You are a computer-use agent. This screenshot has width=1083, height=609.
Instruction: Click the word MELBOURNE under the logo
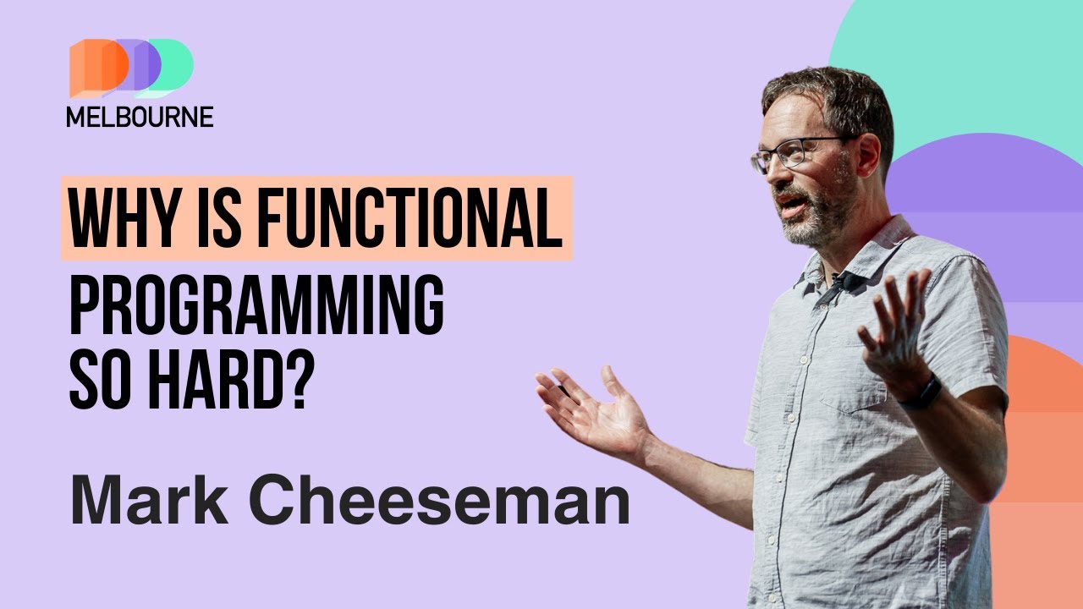(140, 117)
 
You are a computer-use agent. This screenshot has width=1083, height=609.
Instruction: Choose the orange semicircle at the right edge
(1045, 398)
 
